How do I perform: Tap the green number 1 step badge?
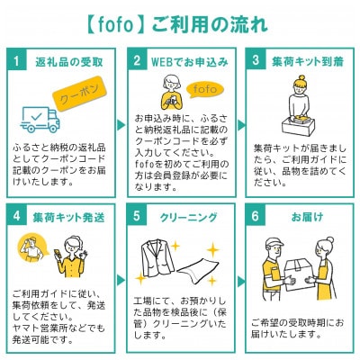point(15,62)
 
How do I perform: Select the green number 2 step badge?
point(137,62)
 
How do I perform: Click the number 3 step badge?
point(256,62)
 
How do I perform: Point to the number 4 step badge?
point(15,217)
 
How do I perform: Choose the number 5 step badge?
point(137,217)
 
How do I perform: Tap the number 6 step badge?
point(256,217)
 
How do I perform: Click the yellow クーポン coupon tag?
point(80,94)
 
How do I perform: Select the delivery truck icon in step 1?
point(40,118)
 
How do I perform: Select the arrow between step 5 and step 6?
point(242,283)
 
